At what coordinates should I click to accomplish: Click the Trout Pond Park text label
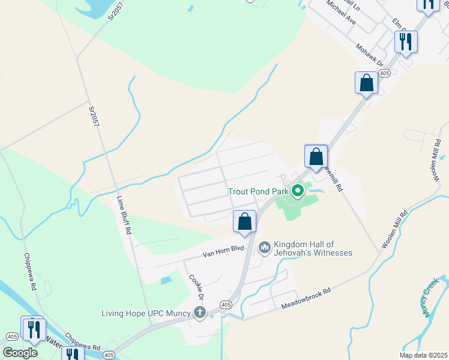pyautogui.click(x=259, y=192)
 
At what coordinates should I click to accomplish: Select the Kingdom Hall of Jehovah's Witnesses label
pyautogui.click(x=313, y=248)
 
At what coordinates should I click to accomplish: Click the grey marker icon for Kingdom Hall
pyautogui.click(x=264, y=247)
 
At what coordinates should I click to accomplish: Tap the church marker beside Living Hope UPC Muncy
pyautogui.click(x=199, y=313)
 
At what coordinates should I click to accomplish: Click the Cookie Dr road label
pyautogui.click(x=197, y=287)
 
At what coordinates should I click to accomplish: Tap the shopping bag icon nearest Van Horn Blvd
pyautogui.click(x=245, y=221)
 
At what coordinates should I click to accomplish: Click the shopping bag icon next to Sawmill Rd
pyautogui.click(x=316, y=157)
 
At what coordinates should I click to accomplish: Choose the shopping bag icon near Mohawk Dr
pyautogui.click(x=366, y=83)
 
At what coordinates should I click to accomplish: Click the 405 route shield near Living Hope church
pyautogui.click(x=225, y=305)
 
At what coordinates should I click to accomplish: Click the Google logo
pyautogui.click(x=20, y=353)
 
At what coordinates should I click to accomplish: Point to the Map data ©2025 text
pyautogui.click(x=423, y=355)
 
